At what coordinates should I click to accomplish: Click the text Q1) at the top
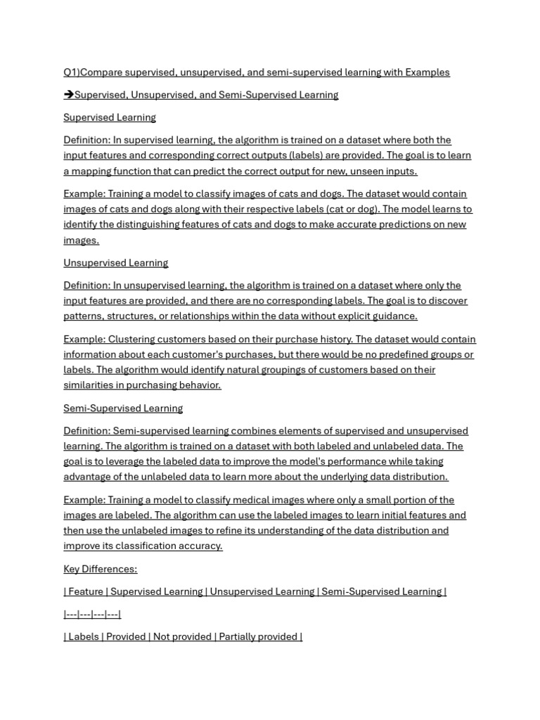[71, 72]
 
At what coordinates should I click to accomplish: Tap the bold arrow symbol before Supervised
[68, 95]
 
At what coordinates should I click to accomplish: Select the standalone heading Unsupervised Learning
[115, 263]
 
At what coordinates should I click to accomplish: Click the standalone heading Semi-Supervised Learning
[122, 409]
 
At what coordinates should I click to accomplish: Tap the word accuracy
[200, 546]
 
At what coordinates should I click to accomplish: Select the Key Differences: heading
[100, 570]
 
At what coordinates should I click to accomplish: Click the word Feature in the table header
[86, 592]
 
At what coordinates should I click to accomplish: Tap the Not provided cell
[181, 637]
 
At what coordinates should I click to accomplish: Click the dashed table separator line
[92, 615]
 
